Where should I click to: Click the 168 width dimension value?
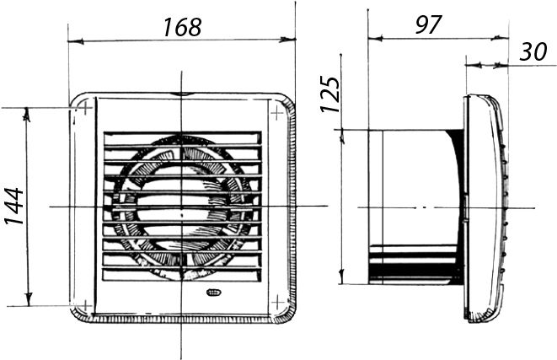click(183, 27)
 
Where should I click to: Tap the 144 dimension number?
click(14, 206)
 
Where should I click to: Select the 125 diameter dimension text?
click(330, 94)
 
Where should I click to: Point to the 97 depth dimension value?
click(428, 24)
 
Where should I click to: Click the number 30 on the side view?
click(533, 52)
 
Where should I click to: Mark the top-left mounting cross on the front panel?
click(86, 107)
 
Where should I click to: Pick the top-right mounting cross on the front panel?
click(276, 113)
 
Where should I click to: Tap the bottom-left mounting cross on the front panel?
click(85, 305)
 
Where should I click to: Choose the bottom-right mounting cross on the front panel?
click(277, 303)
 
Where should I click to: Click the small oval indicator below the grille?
click(213, 293)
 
